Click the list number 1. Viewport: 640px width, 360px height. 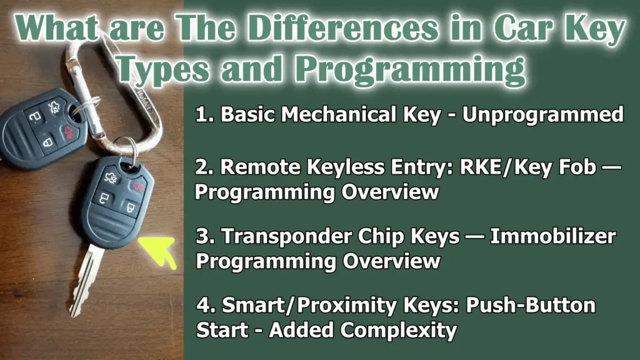point(201,116)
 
